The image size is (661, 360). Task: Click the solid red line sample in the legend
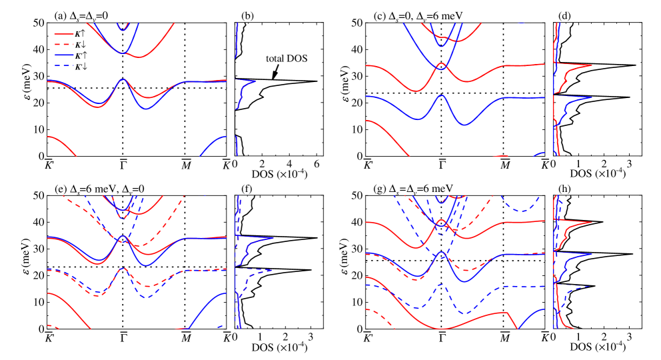pos(64,33)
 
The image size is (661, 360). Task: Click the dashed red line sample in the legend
pos(64,44)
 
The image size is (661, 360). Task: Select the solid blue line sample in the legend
pos(64,55)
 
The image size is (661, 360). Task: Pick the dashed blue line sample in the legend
pos(64,65)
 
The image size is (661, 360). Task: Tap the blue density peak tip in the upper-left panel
pos(256,81)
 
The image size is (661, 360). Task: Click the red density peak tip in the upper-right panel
pos(592,65)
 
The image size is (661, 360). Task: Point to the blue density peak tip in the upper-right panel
pos(592,98)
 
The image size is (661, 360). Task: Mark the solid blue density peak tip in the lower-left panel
pos(273,238)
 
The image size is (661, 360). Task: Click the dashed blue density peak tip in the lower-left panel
pos(272,270)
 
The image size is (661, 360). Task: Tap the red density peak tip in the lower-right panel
pos(592,222)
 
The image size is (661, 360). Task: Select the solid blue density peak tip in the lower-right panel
pos(592,254)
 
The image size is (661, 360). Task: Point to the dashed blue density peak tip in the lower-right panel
pos(589,286)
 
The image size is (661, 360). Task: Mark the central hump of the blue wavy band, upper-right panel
pos(441,95)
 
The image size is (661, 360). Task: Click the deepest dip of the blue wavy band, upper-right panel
pos(464,124)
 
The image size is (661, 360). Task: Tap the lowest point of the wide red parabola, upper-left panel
pos(141,57)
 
